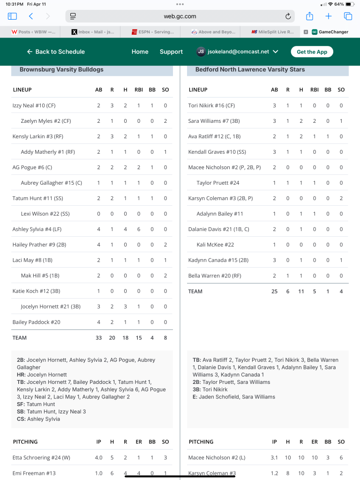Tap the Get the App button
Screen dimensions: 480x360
coord(312,52)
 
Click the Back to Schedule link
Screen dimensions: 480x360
coord(56,52)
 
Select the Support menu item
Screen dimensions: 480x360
coord(171,52)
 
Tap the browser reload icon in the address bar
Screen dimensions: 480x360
coord(288,16)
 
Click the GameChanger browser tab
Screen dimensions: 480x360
coord(330,32)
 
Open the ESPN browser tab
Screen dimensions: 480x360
coord(152,32)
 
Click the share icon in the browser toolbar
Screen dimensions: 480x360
coord(309,16)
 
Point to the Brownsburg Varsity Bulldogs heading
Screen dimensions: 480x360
coord(61,69)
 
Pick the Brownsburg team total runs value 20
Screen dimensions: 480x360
coord(112,337)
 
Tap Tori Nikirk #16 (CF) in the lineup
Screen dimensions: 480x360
coord(211,105)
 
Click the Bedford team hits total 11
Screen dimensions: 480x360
coord(301,291)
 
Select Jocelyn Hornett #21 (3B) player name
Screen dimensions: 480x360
coord(51,307)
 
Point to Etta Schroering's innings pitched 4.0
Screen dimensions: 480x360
coord(98,457)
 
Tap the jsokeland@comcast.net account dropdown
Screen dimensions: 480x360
coord(237,52)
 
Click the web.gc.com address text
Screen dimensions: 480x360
coord(180,16)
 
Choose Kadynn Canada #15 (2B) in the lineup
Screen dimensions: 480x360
coord(218,260)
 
